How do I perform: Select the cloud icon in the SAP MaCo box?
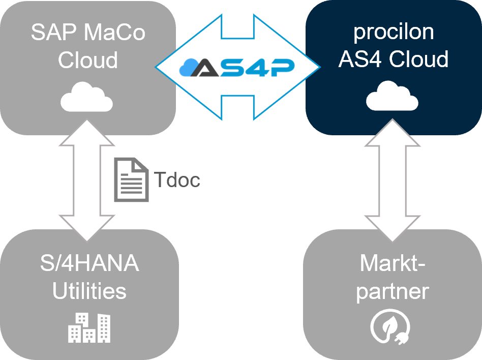pos(87,97)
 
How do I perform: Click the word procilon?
pos(394,32)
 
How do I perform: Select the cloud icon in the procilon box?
pos(393,97)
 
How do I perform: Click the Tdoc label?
pos(177,180)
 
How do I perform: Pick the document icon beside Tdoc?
pos(131,179)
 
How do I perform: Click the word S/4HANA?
pos(89,264)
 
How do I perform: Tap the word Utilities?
pos(89,291)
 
